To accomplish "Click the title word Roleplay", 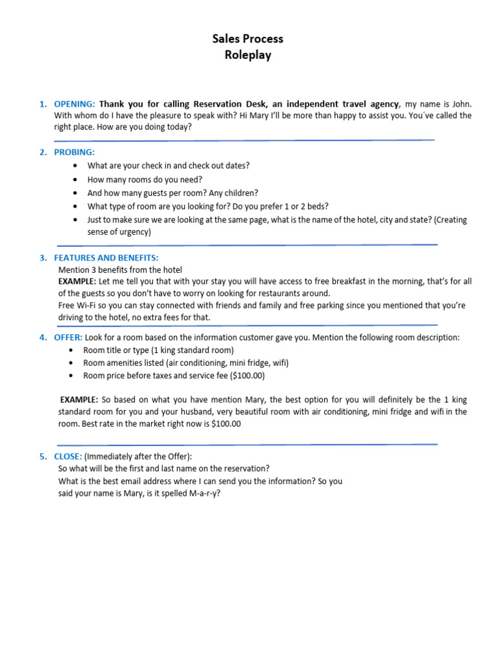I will pos(248,55).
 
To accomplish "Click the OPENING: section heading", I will pos(75,103).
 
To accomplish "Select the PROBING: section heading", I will pos(74,152).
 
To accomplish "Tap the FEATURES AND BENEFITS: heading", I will pos(106,257).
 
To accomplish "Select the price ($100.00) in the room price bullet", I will pos(247,375).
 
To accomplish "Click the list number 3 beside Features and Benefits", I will pos(42,257).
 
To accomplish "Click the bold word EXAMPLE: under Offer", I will pos(79,400).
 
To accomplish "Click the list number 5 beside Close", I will pos(42,456).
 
